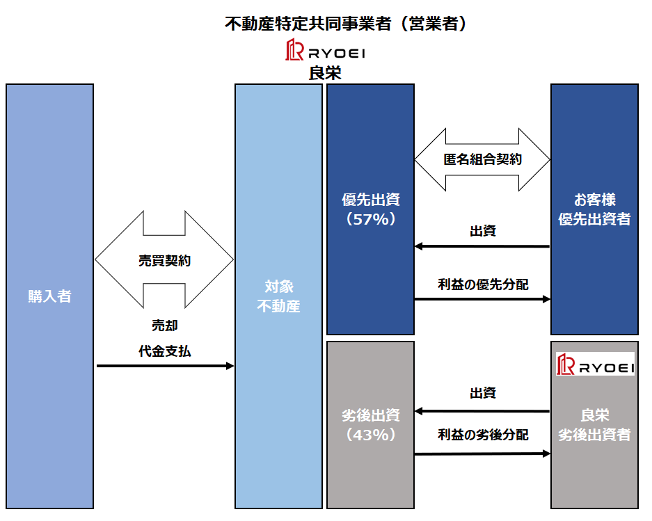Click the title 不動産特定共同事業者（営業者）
click(x=345, y=24)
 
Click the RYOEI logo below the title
click(x=326, y=51)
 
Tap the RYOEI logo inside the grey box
click(x=595, y=364)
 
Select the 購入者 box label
click(x=49, y=296)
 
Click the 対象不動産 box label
click(x=278, y=296)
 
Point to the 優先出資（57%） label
click(x=370, y=209)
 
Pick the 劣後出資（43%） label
click(x=370, y=424)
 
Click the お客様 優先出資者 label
click(x=594, y=209)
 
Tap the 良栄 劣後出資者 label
click(x=594, y=424)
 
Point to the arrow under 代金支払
click(x=166, y=365)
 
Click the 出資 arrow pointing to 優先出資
click(x=482, y=246)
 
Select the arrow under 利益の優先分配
click(x=482, y=299)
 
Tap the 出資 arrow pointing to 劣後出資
click(x=482, y=411)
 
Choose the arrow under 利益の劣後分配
click(x=482, y=454)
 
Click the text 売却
click(x=165, y=326)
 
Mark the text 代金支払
click(x=165, y=351)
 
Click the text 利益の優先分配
click(x=482, y=284)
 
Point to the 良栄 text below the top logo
click(x=325, y=73)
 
